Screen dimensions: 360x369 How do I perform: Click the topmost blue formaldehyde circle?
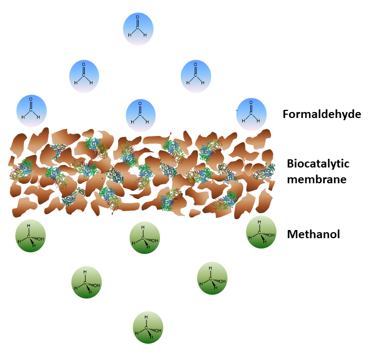138,29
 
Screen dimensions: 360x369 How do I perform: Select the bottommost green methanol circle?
148,327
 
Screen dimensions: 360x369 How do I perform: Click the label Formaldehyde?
322,114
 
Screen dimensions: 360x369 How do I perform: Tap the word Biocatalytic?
318,164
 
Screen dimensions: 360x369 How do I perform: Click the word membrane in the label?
316,178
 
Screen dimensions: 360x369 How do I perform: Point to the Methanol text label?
313,234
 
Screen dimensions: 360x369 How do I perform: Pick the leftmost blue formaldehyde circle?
32,110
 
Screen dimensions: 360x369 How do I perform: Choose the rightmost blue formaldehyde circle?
251,114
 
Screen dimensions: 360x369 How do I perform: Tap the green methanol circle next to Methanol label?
261,232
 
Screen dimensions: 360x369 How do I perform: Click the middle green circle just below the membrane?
145,238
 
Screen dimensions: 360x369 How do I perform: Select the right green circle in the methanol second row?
212,278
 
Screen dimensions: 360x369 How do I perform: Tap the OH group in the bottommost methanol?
157,330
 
